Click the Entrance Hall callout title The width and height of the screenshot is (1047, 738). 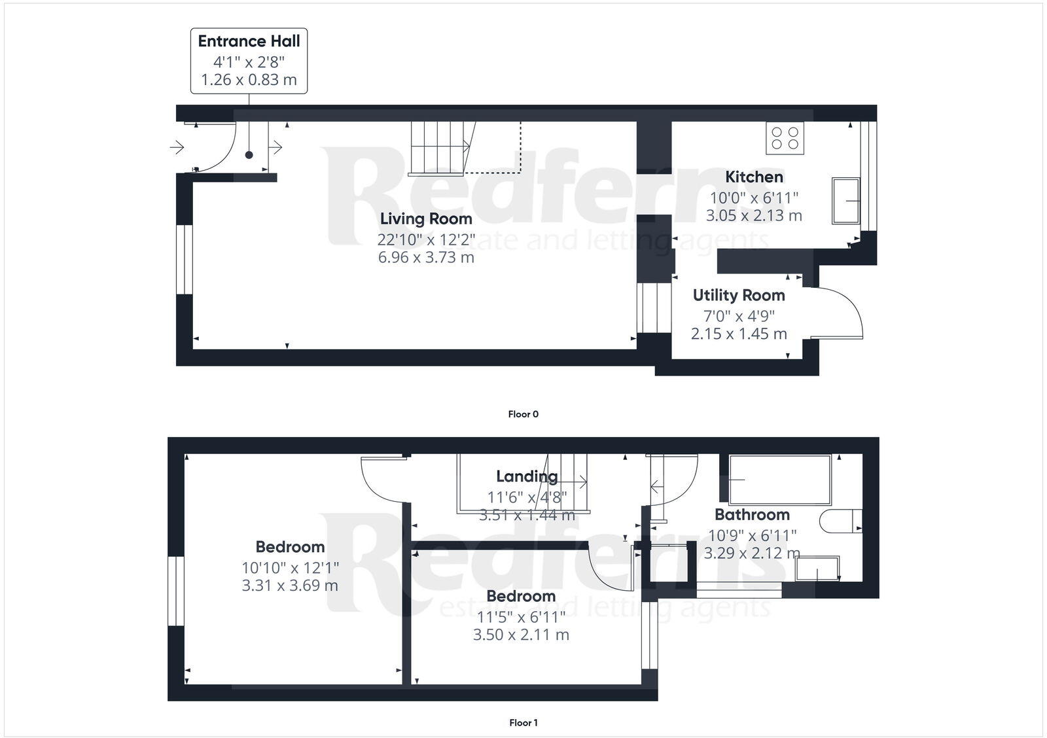pyautogui.click(x=249, y=41)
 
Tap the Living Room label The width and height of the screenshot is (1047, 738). pyautogui.click(x=426, y=219)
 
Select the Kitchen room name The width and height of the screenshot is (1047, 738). pyautogui.click(x=754, y=177)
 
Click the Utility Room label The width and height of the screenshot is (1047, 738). pyautogui.click(x=739, y=295)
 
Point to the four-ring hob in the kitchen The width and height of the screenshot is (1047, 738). pyautogui.click(x=785, y=139)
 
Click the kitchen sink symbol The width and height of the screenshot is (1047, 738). pyautogui.click(x=846, y=200)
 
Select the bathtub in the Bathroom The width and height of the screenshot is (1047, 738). pyautogui.click(x=780, y=480)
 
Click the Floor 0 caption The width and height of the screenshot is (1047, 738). pyautogui.click(x=523, y=414)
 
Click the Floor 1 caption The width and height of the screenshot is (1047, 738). pyautogui.click(x=523, y=723)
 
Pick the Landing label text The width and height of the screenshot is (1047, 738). pyautogui.click(x=527, y=476)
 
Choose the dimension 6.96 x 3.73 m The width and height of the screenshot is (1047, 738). pyautogui.click(x=426, y=257)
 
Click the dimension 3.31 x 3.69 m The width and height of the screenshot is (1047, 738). pyautogui.click(x=290, y=586)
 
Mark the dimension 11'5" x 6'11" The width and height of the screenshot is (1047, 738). pyautogui.click(x=521, y=617)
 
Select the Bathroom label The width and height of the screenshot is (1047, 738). pyautogui.click(x=752, y=514)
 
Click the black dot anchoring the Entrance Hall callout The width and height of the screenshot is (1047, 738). pyautogui.click(x=249, y=155)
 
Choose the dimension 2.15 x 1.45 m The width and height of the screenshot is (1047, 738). pyautogui.click(x=739, y=334)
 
